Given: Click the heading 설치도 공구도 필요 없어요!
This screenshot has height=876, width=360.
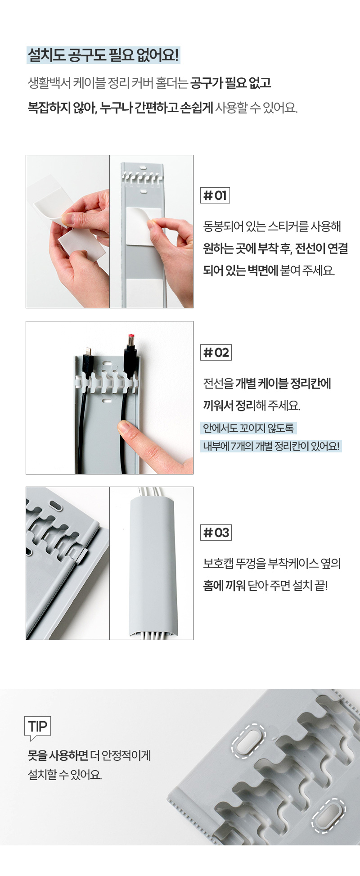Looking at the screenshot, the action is pos(103,55).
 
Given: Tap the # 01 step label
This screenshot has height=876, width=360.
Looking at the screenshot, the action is pos(215,195).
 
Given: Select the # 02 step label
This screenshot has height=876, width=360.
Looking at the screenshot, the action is pos(216,352).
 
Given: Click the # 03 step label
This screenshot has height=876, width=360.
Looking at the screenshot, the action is pos(216,532).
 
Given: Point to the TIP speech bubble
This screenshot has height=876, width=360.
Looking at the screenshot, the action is pos(37,727).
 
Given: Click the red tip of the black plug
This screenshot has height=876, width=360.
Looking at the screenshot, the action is pos(131,336).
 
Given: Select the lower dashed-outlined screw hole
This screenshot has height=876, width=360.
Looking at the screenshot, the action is pos(329,815).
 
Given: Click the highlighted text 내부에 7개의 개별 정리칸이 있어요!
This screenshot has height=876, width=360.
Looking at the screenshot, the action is pos(271,446).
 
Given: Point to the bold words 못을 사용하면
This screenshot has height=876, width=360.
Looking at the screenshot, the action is pos(58,755).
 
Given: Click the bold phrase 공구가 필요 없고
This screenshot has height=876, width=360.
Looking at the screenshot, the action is pos(231,83).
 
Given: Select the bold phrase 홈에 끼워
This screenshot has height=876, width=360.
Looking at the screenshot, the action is pos(224,585).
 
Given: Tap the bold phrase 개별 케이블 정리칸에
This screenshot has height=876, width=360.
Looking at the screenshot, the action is pos(283,384).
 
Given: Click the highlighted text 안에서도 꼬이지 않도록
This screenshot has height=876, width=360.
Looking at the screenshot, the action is pos(248,428).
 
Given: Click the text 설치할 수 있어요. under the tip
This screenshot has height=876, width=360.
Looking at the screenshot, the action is pos(65,775).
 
